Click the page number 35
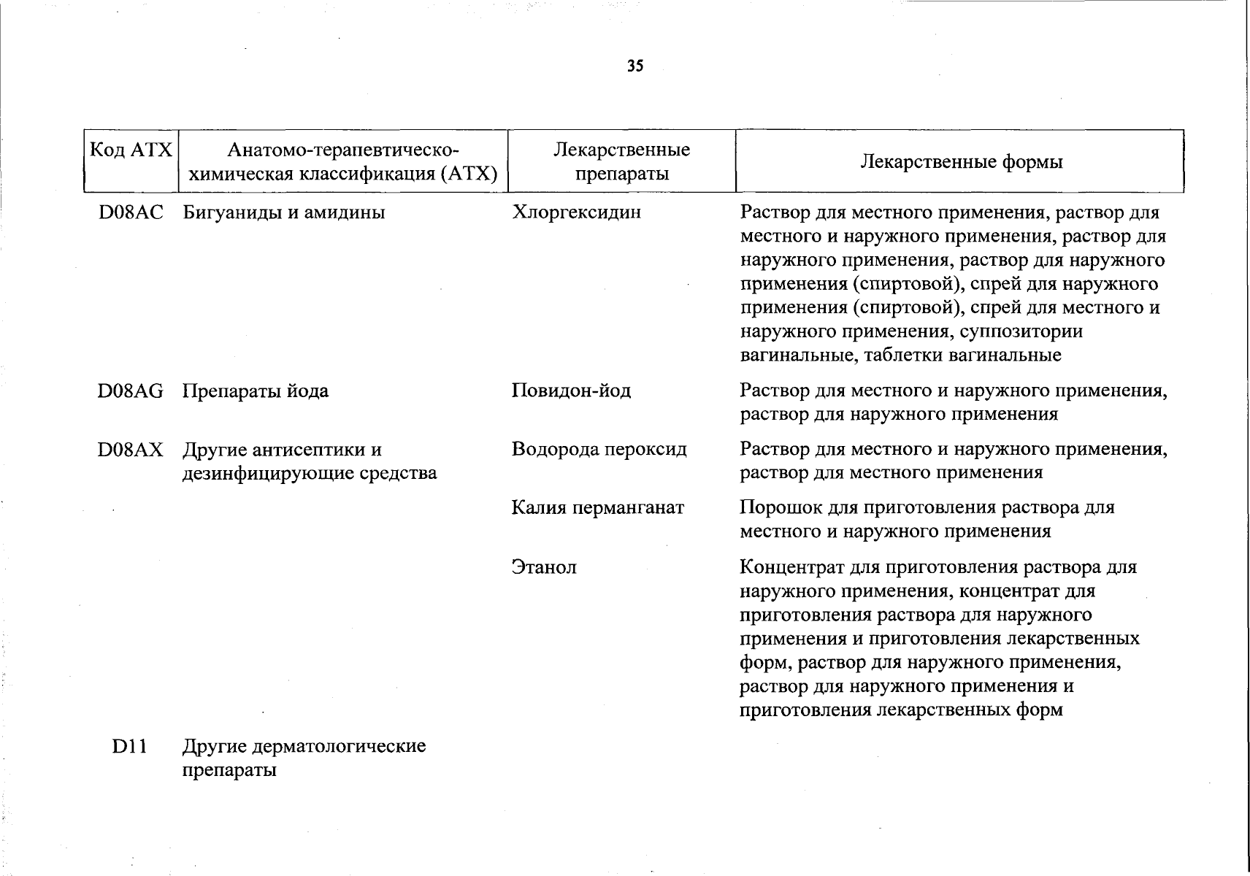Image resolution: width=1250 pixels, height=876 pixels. pos(635,66)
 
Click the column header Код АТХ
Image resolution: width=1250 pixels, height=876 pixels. pos(131,150)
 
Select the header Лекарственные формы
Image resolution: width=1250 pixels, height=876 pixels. pos(961,161)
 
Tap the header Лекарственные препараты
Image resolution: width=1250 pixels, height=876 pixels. pos(621,161)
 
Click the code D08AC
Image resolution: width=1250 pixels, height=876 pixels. pos(131,212)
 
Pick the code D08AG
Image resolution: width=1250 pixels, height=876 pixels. pos(131,391)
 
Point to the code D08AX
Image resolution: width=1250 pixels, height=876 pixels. pos(131,450)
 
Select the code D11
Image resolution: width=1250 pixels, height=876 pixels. pos(130,747)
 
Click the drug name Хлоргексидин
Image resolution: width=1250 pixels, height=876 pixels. pos(576,212)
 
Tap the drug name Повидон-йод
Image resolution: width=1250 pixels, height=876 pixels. pos(571,391)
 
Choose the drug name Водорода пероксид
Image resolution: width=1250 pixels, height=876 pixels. pos(599,450)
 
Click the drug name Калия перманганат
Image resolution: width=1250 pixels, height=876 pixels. pos(598,508)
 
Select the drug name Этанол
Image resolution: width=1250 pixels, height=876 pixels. pos(544,567)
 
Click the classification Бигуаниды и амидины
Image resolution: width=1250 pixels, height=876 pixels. pos(283,212)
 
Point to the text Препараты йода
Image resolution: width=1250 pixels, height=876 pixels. pos(256,391)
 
